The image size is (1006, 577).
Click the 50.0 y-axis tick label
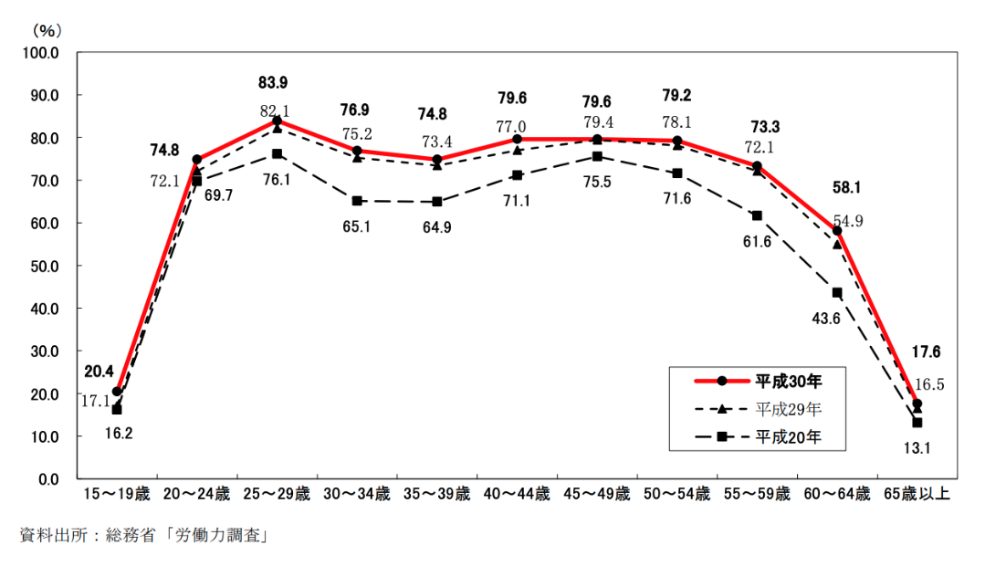44,266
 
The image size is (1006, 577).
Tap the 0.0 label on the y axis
47,479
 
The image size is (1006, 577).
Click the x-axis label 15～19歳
117,495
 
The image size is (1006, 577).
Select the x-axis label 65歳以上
917,495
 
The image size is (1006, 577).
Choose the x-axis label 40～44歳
517,495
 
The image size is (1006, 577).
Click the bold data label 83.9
273,83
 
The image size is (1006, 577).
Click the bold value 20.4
99,372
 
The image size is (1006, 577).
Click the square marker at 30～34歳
357,201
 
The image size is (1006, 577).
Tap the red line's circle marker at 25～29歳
277,121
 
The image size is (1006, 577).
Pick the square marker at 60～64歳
837,293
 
